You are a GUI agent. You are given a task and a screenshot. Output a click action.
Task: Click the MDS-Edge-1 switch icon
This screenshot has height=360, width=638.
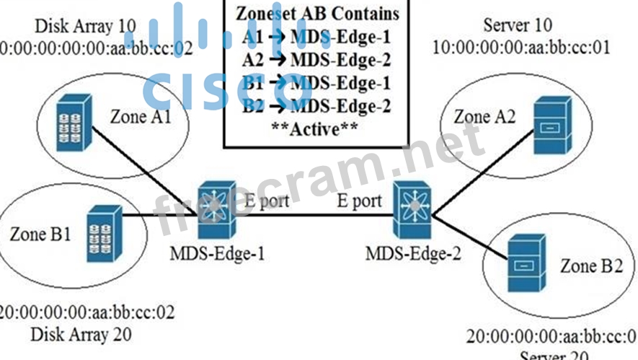pyautogui.click(x=213, y=210)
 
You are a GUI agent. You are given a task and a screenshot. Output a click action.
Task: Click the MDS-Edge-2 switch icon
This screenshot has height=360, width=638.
pyautogui.click(x=412, y=209)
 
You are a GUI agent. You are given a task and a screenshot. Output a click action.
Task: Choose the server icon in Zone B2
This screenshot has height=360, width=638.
pyautogui.click(x=524, y=265)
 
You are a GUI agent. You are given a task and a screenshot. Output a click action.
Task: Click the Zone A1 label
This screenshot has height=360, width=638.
pyautogui.click(x=141, y=116)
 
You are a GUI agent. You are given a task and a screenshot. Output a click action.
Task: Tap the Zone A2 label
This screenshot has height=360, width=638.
pyautogui.click(x=484, y=116)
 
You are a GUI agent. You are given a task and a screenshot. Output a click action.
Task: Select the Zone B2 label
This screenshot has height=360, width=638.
pyautogui.click(x=590, y=265)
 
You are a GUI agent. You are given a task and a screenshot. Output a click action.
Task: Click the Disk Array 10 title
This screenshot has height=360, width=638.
pyautogui.click(x=84, y=27)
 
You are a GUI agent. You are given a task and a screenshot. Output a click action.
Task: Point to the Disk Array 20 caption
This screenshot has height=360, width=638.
pyautogui.click(x=80, y=334)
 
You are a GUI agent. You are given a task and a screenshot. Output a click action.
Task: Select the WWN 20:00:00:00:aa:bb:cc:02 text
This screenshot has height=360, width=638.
pyautogui.click(x=87, y=313)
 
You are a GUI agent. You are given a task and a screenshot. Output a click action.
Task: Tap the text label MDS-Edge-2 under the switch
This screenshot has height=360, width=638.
pyautogui.click(x=413, y=253)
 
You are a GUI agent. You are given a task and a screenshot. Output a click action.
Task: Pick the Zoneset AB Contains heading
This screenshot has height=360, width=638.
pyautogui.click(x=317, y=14)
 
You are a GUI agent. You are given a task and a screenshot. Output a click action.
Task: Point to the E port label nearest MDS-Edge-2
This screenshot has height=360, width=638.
pyautogui.click(x=360, y=200)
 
